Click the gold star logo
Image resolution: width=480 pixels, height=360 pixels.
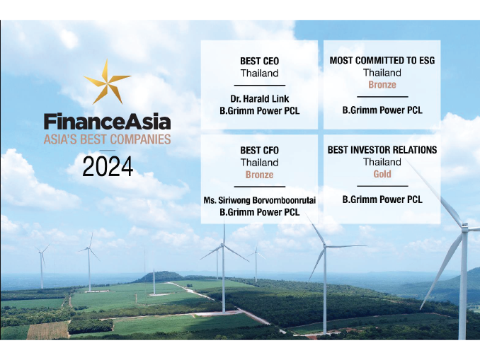pos(106,83)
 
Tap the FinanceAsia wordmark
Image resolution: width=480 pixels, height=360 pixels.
pos(107,122)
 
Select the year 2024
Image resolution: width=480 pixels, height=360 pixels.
pos(108,166)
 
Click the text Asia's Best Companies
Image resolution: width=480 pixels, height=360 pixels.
pos(107,139)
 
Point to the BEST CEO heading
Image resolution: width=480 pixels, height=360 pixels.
pos(259,61)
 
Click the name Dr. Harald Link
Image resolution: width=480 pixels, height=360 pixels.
pos(260,98)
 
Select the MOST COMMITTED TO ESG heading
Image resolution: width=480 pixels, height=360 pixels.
pos(382,61)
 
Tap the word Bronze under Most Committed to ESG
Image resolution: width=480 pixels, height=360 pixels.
pos(382,84)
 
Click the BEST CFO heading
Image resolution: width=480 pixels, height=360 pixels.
pos(259,151)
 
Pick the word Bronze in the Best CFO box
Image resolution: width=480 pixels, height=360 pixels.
pos(259,175)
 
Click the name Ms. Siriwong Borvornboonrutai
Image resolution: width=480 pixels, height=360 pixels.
pos(259,200)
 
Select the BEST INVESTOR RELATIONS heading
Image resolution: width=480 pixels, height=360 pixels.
pos(382,150)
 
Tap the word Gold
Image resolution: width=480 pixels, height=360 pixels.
pos(382,174)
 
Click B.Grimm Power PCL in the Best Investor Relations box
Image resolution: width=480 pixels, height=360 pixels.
pos(382,199)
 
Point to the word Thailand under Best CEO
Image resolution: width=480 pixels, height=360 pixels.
pos(259,74)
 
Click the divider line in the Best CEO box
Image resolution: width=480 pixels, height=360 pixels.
pos(260,86)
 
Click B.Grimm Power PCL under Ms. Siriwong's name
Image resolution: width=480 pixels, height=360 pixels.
pos(259,212)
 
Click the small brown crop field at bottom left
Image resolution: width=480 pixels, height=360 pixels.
pos(48,330)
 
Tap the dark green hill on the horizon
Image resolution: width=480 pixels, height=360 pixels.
pos(159,277)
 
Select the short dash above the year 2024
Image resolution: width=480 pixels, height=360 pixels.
pos(108,150)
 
